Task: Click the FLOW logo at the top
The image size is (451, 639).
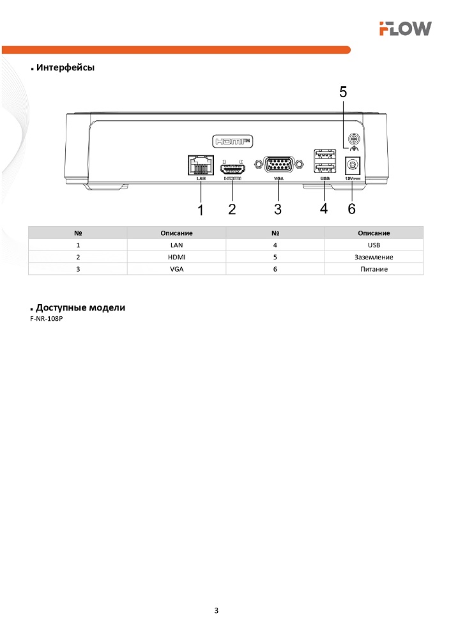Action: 405,28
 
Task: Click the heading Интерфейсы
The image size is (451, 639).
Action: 66,68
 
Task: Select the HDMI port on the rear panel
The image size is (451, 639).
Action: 233,169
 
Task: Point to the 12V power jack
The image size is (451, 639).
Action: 350,166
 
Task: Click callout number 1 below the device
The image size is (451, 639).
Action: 201,209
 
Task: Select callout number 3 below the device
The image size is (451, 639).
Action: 277,209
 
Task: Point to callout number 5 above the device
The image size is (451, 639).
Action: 343,92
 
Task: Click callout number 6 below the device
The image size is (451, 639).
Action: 351,209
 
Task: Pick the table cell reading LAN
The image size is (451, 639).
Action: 176,245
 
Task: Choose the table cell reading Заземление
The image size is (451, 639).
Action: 374,257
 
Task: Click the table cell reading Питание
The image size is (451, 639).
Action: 374,269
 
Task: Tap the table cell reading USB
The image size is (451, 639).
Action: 374,245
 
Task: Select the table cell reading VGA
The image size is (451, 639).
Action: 176,269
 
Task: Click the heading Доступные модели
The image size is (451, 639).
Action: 80,307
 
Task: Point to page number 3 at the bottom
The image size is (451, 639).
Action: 217,610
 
